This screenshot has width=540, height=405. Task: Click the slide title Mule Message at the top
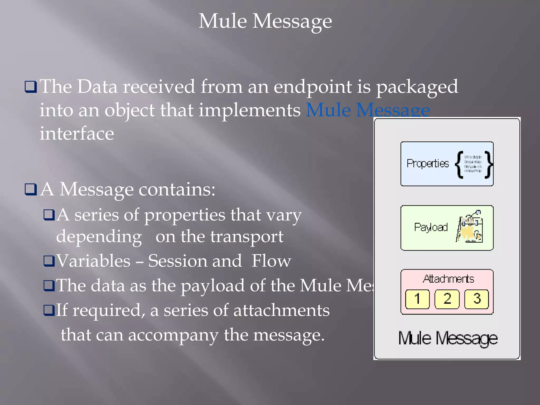tap(265, 21)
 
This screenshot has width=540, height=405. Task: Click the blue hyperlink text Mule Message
tap(368, 110)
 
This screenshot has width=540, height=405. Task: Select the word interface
tap(77, 133)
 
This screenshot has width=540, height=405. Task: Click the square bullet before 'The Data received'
tap(31, 87)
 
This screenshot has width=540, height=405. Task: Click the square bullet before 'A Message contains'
tap(31, 189)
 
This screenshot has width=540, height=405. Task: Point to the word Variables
tap(93, 261)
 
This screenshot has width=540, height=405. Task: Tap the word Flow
tap(271, 261)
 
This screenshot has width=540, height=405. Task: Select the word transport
tap(247, 237)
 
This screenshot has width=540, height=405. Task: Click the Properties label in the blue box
tap(427, 164)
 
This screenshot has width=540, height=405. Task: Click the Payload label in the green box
tap(431, 227)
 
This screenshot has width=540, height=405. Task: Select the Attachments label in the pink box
tap(448, 279)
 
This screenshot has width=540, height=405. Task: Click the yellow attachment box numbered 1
tap(417, 299)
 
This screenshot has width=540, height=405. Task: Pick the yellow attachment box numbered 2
tap(447, 299)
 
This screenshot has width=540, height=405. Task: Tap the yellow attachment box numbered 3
tap(476, 299)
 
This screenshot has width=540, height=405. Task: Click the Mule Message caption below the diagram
tap(448, 338)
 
